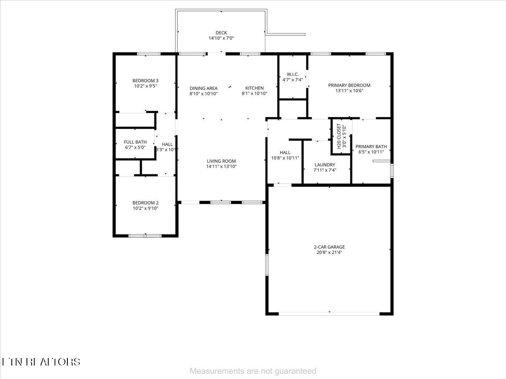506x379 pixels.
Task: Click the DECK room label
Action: coord(221,32)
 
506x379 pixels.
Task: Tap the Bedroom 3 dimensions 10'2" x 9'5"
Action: coord(145,86)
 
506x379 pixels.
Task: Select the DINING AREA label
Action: coord(203,88)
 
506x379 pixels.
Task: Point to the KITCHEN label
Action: coord(255,88)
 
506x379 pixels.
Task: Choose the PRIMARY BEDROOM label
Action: coord(349,85)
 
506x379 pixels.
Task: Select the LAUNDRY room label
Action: coord(325,165)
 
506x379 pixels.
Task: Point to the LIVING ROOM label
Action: coord(221,161)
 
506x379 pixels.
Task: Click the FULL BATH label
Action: coord(135,142)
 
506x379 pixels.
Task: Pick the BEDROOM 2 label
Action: coord(145,202)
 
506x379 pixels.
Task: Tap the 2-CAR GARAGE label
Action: coord(329,247)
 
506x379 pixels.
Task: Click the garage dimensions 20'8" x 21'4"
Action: coord(329,253)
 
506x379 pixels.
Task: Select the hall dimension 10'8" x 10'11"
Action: coord(285,158)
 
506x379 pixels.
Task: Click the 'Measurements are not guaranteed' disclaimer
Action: coord(253,371)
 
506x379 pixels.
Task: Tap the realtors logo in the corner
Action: coord(41,361)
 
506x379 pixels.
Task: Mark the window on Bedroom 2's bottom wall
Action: coord(145,236)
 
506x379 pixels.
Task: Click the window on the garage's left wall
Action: coord(267,265)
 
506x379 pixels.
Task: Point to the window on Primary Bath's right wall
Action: coord(392,171)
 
